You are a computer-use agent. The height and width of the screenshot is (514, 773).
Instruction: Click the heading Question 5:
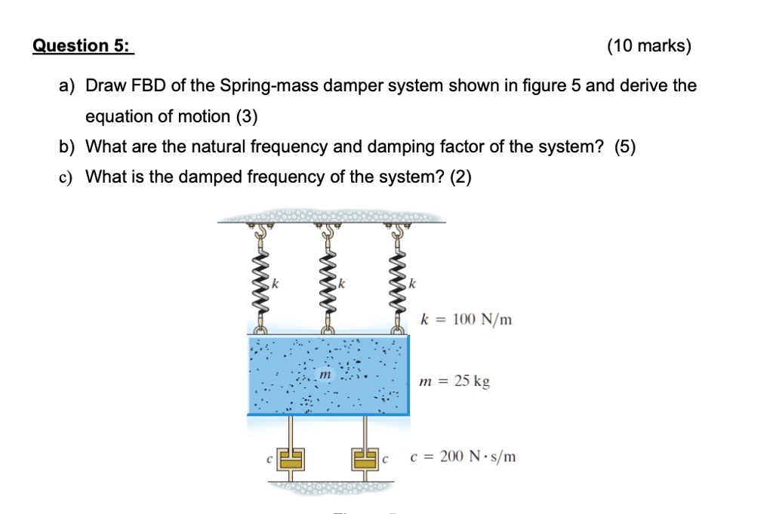(x=82, y=46)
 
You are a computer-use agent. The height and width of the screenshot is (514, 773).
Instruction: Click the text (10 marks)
(x=648, y=46)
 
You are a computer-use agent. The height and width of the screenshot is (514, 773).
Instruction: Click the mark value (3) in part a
(x=245, y=116)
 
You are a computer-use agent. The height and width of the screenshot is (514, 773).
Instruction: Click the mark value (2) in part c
(x=460, y=177)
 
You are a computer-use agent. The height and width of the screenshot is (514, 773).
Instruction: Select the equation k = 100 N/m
(x=467, y=320)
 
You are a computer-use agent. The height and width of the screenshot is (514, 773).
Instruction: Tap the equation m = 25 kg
(x=454, y=381)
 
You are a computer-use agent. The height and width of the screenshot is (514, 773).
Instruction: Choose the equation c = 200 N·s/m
(x=463, y=457)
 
